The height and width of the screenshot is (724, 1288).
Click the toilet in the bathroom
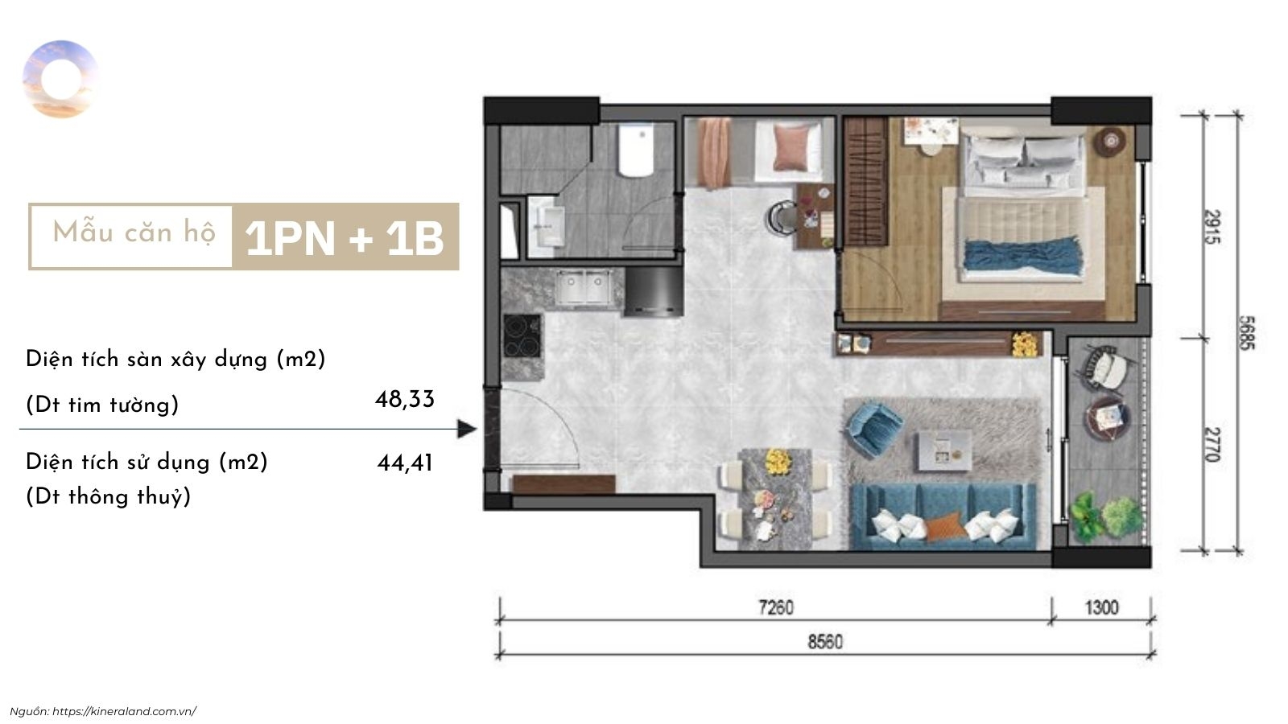point(635,151)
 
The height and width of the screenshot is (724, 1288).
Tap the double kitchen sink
point(583,286)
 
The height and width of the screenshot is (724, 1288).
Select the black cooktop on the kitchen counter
point(522,336)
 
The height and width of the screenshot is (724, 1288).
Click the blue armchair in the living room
point(874,430)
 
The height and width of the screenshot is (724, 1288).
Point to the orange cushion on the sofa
point(943,527)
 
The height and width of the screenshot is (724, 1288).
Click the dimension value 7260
point(776,607)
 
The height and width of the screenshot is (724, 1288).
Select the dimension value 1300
point(1102,607)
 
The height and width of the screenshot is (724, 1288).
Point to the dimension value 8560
point(825,641)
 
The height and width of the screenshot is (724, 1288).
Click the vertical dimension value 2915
point(1212,227)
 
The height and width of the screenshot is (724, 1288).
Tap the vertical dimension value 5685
point(1246,333)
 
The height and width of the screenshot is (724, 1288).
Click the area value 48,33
point(405,399)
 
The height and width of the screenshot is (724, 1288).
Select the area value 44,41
point(405,463)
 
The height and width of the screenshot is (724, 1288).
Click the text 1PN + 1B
point(345,238)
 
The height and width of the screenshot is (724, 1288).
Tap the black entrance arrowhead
point(467,429)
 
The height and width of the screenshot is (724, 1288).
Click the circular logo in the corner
point(60,80)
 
